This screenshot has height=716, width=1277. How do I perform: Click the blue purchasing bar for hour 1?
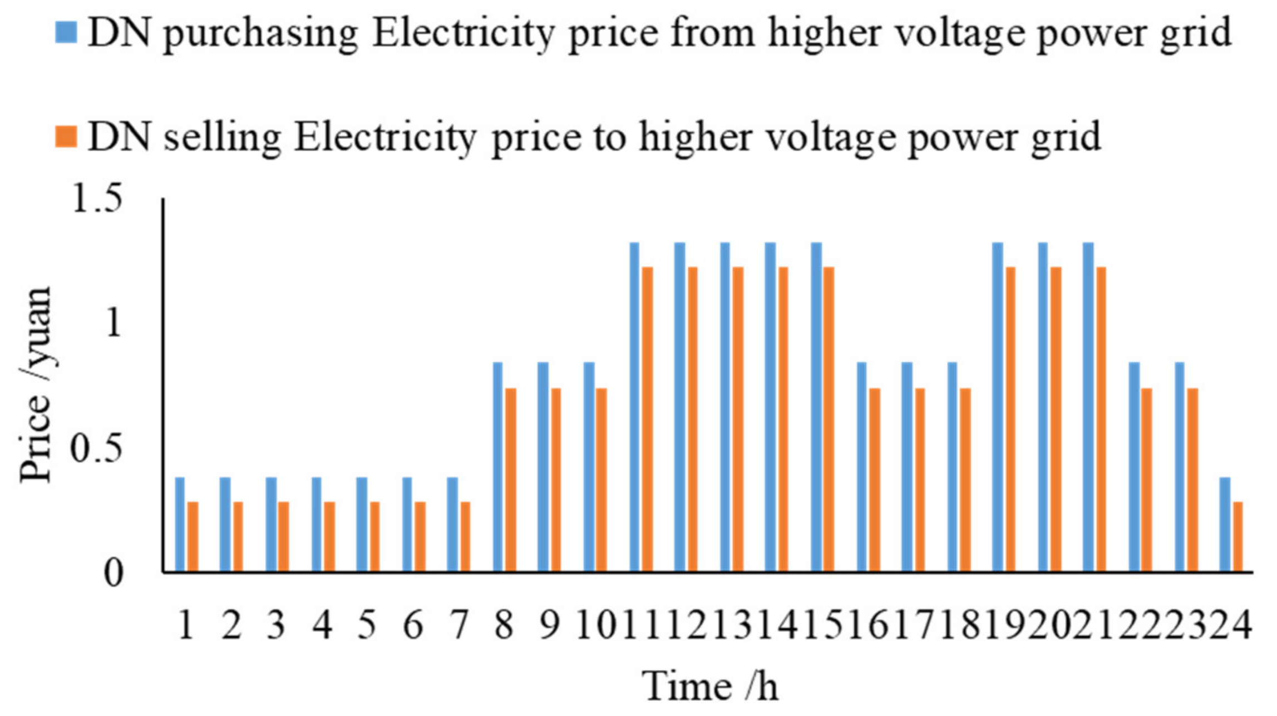(x=179, y=524)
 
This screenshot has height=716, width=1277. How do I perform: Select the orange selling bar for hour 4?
(x=329, y=536)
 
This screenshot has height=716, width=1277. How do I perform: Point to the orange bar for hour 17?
(x=920, y=480)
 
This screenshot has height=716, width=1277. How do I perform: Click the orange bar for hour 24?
(x=1238, y=536)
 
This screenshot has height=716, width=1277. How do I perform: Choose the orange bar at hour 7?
(x=466, y=536)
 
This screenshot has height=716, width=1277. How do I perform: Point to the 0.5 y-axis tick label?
(x=96, y=450)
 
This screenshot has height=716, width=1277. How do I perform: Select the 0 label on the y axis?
(x=113, y=574)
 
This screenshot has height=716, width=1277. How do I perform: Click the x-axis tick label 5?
(x=367, y=625)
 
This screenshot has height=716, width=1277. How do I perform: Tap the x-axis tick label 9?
(x=549, y=625)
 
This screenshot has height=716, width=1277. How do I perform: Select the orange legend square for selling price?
(x=66, y=137)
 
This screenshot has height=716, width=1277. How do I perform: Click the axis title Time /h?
(x=709, y=687)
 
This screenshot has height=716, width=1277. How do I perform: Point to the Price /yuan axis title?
(x=36, y=384)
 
